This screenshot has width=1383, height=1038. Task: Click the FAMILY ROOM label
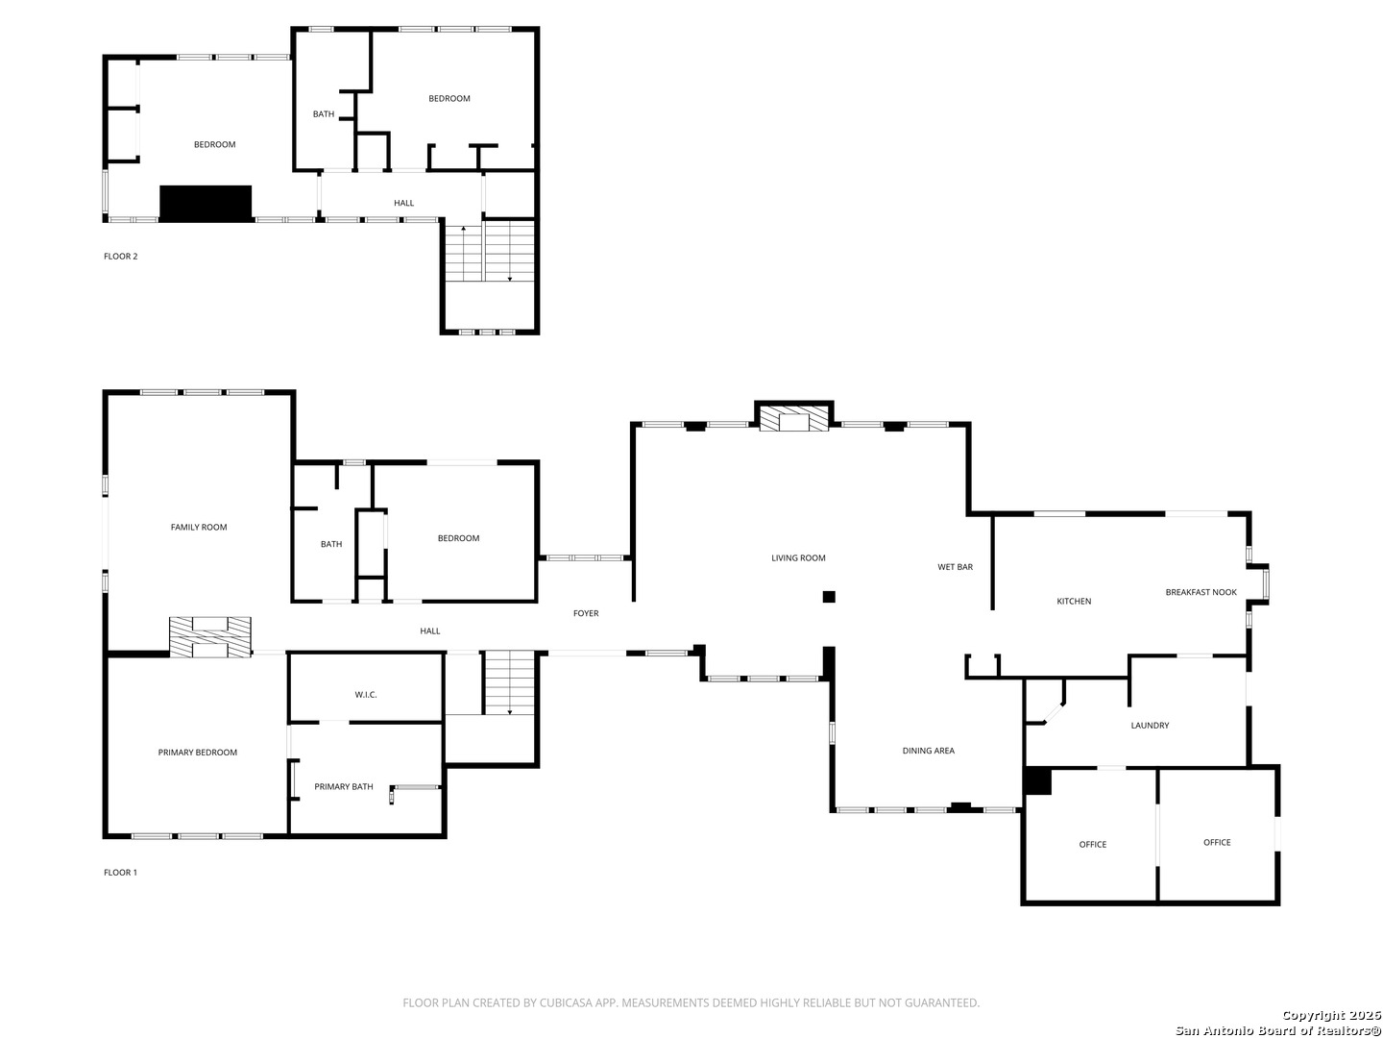click(199, 527)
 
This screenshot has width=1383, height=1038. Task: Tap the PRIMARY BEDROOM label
click(197, 753)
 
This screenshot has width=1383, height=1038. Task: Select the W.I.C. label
click(366, 694)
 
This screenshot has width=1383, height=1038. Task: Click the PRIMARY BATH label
click(344, 787)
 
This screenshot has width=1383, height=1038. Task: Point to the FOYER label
click(586, 613)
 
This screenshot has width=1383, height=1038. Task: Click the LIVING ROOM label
click(798, 558)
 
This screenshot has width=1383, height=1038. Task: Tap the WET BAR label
click(955, 567)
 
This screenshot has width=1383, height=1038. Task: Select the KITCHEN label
click(1074, 602)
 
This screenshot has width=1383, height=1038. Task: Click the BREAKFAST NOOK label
click(1201, 592)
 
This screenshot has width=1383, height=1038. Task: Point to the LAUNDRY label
click(1150, 726)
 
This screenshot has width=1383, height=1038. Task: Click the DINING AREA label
click(928, 751)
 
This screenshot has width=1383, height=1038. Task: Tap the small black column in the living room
click(829, 597)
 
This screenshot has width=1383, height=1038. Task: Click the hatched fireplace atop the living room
click(793, 417)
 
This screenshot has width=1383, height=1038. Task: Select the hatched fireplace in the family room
click(210, 637)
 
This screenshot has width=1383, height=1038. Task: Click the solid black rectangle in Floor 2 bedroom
click(206, 204)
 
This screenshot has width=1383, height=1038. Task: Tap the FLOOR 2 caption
click(121, 257)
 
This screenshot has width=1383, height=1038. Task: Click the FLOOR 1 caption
click(121, 873)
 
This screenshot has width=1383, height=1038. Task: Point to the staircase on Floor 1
click(508, 682)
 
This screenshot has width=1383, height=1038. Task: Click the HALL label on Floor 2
click(404, 203)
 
